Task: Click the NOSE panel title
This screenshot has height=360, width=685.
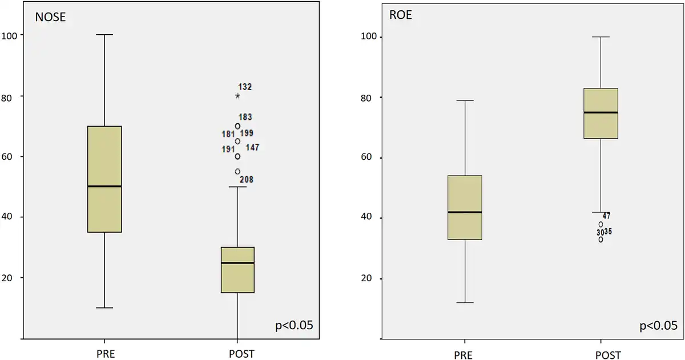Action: (51, 17)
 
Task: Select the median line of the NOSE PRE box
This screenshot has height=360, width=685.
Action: (104, 186)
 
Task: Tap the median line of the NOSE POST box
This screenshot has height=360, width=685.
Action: (237, 263)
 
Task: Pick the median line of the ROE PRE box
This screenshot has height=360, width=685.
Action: (465, 212)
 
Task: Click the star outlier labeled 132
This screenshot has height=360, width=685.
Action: (237, 96)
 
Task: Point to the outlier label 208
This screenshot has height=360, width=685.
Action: (247, 180)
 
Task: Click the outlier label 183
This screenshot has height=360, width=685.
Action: (245, 118)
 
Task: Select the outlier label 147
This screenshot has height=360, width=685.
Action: (253, 147)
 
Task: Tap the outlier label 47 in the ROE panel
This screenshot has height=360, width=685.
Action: (606, 216)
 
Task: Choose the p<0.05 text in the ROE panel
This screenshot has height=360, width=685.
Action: (658, 326)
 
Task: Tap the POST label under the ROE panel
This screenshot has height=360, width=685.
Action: (608, 355)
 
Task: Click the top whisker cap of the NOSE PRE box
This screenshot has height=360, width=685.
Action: (104, 35)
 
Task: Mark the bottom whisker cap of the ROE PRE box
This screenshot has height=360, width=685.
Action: (465, 302)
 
